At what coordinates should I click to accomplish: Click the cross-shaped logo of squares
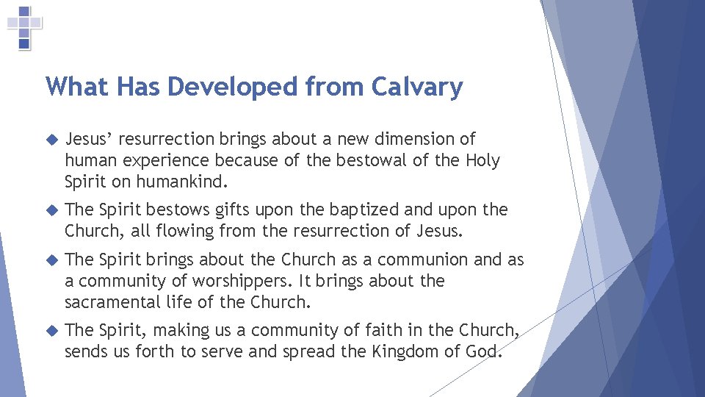pos(24,27)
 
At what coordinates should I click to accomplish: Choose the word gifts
pos(234,210)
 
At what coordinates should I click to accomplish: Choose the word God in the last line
pos(485,351)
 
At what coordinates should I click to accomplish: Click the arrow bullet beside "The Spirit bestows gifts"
pos(51,210)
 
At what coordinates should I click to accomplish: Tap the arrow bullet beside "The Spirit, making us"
pos(51,331)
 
